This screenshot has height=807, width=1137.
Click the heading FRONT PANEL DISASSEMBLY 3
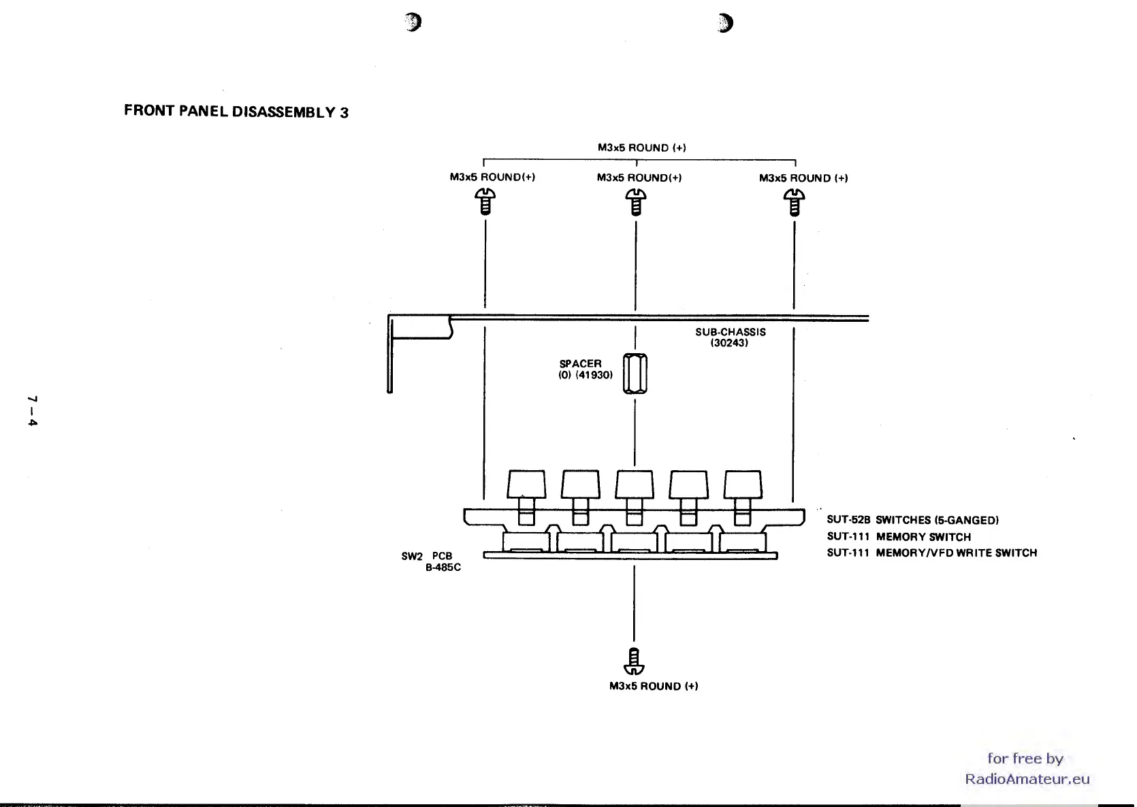236,111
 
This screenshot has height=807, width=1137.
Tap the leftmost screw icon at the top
485,202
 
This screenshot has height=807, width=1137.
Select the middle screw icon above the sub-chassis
636,202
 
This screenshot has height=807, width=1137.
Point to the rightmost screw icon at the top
794,202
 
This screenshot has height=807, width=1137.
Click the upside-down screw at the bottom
634,661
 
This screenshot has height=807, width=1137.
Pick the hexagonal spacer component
635,373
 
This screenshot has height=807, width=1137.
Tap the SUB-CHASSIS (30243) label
730,337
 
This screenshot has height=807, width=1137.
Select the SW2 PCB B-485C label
431,561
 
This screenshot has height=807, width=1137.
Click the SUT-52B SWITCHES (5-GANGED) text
912,521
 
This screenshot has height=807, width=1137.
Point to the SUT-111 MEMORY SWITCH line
899,537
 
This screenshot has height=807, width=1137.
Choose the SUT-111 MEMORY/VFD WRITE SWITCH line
931,553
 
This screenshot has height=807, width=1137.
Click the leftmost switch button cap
526,484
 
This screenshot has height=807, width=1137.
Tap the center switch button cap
635,484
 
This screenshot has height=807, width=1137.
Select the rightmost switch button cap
743,484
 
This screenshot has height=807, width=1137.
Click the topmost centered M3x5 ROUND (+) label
641,148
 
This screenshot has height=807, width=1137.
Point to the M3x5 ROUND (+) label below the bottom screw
654,686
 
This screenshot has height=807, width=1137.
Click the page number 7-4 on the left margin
32,410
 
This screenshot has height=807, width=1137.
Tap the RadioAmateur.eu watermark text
1027,779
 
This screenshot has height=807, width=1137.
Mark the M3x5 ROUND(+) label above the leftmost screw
492,177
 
